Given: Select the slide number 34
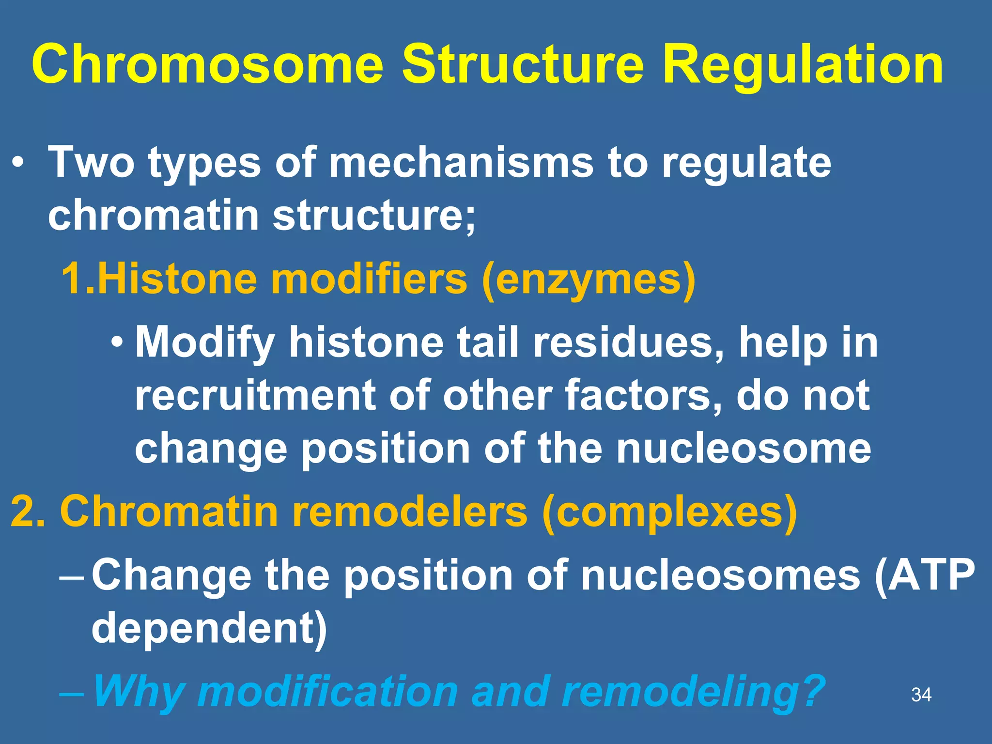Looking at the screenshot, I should point(921,695).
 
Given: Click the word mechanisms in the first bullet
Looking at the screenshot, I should point(461,163).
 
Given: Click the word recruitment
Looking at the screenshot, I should point(255,396).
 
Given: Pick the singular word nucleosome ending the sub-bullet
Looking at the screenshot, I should point(743,449).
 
